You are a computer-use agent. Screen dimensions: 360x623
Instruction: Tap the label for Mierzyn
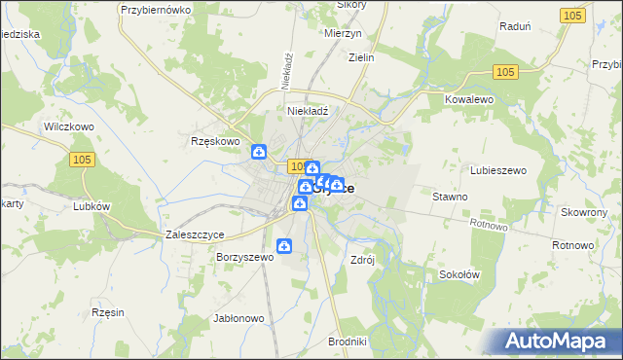pyautogui.click(x=342, y=31)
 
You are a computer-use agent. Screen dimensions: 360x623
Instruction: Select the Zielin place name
pyautogui.click(x=360, y=57)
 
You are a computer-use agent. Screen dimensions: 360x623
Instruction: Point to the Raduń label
pyautogui.click(x=513, y=27)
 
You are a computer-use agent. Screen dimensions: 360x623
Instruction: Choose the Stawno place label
pyautogui.click(x=450, y=197)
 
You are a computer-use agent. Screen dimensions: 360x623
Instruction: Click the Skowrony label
pyautogui.click(x=584, y=212)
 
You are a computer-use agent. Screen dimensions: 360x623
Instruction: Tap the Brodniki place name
pyautogui.click(x=348, y=342)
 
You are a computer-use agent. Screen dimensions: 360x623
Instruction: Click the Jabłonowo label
pyautogui.click(x=238, y=318)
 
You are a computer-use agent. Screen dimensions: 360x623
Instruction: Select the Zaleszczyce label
pyautogui.click(x=196, y=235)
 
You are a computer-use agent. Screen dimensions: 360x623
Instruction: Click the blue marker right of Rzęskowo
pyautogui.click(x=259, y=151)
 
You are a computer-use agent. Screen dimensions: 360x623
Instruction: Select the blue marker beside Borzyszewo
pyautogui.click(x=284, y=246)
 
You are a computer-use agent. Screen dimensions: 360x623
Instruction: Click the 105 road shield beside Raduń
pyautogui.click(x=574, y=15)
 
